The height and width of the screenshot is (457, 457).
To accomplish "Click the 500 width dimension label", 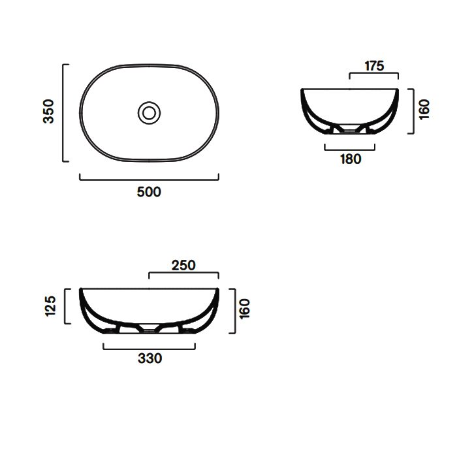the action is (149, 192).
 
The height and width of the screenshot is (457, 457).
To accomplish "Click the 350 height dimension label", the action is (49, 112).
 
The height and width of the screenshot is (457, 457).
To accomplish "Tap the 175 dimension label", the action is (374, 66).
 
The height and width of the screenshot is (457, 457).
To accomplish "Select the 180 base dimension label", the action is (351, 159).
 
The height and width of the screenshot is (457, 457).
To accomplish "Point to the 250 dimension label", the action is (183, 266).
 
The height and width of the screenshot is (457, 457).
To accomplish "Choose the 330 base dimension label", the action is (150, 358).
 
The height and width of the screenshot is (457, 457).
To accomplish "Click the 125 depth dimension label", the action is (50, 306).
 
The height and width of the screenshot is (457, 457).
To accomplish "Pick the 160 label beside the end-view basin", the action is (424, 109).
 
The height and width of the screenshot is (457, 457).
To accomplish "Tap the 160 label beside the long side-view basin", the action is (245, 309).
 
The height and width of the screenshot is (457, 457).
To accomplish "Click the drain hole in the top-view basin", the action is (150, 113).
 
